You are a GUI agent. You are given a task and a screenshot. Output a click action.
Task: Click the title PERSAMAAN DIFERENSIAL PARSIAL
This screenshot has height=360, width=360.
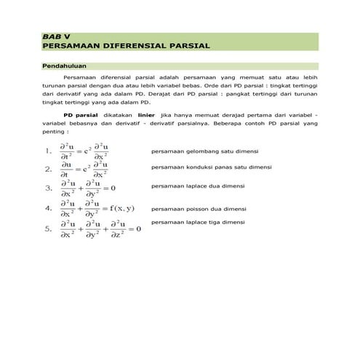pyautogui.click(x=126, y=45)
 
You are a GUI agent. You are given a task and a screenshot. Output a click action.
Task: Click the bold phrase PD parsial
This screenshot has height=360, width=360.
pyautogui.click(x=80, y=115)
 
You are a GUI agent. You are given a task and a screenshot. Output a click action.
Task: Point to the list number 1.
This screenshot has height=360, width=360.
pyautogui.click(x=47, y=152)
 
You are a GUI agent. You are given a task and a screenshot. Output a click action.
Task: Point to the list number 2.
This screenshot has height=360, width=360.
pyautogui.click(x=47, y=169)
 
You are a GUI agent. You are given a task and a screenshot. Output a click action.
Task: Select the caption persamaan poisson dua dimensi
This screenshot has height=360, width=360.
pyautogui.click(x=199, y=209)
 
